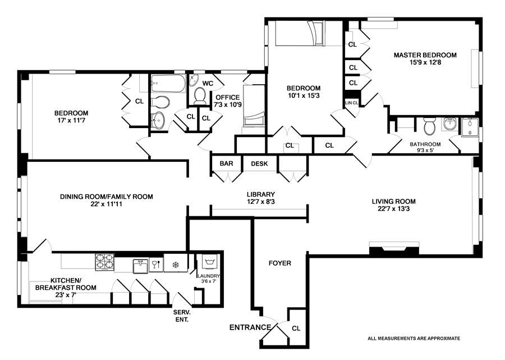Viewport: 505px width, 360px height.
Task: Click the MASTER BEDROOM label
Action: [x=425, y=55]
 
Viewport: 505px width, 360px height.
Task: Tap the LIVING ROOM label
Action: [x=393, y=201]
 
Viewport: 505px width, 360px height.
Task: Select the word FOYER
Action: [x=279, y=263]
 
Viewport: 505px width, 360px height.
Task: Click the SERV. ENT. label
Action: [x=182, y=316]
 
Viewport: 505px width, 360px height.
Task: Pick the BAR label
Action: [x=226, y=164]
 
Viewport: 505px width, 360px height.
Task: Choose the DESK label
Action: [x=259, y=164]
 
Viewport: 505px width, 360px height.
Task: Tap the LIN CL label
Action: [x=352, y=102]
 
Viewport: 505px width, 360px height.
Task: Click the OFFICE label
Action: [x=227, y=97]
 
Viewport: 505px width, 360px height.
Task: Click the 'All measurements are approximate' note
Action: [x=414, y=338]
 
